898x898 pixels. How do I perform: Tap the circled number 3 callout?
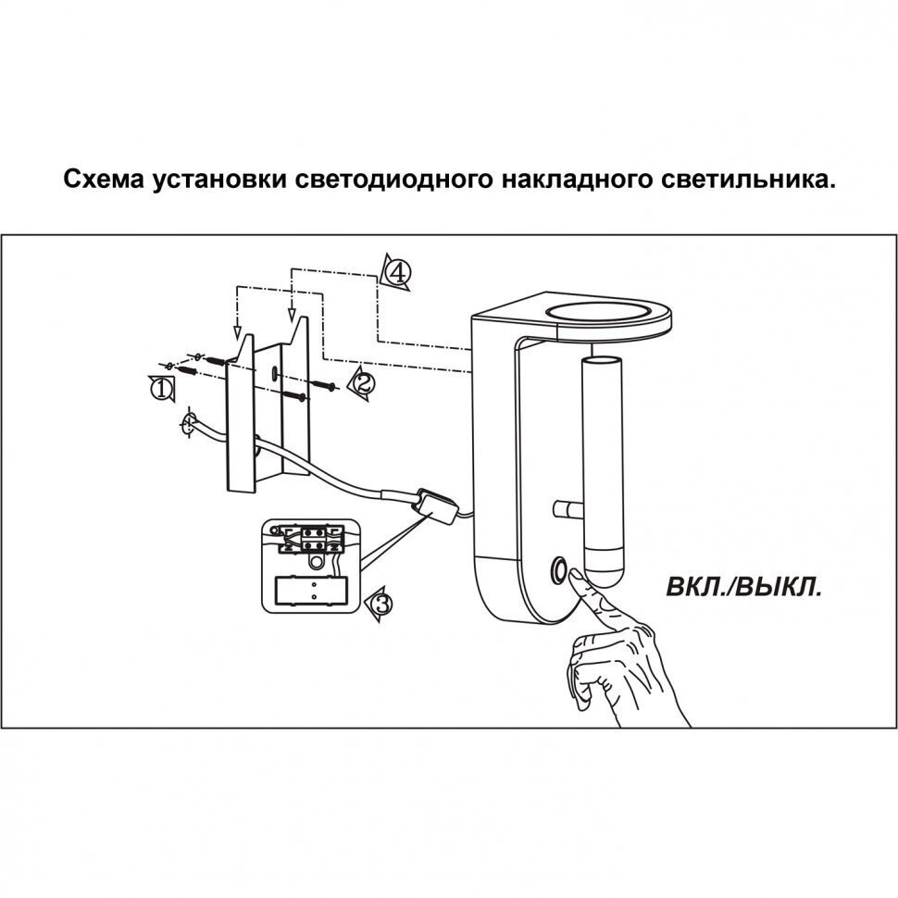(x=381, y=605)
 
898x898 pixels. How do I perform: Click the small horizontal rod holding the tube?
(x=564, y=508)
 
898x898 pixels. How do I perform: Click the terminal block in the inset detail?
(x=310, y=536)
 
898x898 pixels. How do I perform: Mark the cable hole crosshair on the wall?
(x=188, y=426)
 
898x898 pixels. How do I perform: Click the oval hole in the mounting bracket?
(x=275, y=372)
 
